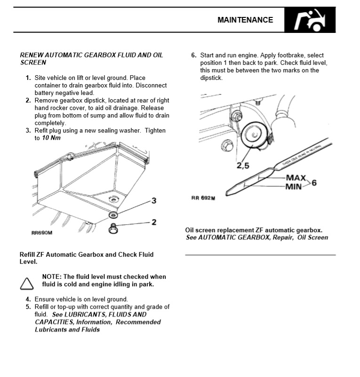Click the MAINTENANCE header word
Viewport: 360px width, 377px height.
(245, 20)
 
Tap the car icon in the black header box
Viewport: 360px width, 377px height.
(310, 20)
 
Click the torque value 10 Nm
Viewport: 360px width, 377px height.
(51, 138)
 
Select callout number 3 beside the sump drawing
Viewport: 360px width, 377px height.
(153, 201)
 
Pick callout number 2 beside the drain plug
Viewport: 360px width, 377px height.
(153, 222)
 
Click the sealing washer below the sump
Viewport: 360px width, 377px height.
(114, 215)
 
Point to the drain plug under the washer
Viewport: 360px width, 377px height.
(113, 228)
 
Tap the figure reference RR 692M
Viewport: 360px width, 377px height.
(203, 198)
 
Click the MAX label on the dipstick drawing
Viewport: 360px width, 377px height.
(296, 178)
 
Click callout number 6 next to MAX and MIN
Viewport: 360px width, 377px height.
(314, 182)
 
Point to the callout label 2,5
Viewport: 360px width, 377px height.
(243, 165)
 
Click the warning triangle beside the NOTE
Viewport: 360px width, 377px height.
(27, 283)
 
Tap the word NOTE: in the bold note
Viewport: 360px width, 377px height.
(52, 277)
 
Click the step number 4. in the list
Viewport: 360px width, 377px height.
(28, 299)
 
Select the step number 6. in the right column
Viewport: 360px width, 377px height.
(193, 55)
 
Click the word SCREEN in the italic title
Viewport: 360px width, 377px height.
(33, 63)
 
